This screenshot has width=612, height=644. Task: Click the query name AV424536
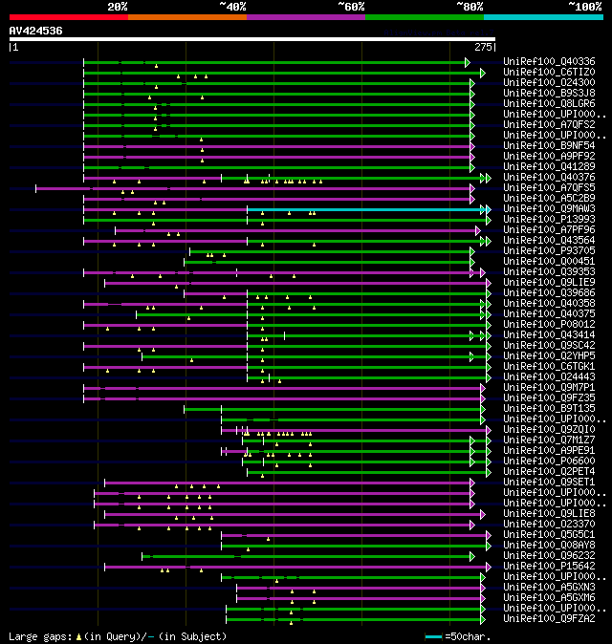click(x=35, y=31)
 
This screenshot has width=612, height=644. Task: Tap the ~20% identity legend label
click(x=117, y=6)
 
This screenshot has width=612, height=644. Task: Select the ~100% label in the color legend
click(x=584, y=6)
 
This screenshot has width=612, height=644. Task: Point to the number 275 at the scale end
click(x=483, y=46)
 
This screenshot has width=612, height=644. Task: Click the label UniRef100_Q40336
click(x=549, y=62)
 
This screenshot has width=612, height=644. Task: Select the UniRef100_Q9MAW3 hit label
click(x=549, y=209)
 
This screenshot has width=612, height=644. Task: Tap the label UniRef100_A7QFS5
click(x=549, y=188)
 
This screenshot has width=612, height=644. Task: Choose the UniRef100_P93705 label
click(x=549, y=251)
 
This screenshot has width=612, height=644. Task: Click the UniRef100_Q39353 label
click(x=549, y=272)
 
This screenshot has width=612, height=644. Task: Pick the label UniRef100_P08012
click(x=549, y=325)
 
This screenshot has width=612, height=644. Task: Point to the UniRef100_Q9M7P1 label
click(x=549, y=388)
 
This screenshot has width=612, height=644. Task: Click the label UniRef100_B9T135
click(x=549, y=409)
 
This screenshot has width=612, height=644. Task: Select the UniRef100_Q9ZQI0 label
click(x=549, y=430)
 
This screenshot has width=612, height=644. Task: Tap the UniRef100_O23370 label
click(x=549, y=525)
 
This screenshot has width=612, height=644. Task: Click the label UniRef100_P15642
click(x=549, y=567)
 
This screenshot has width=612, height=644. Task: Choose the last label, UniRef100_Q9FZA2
click(x=549, y=619)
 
